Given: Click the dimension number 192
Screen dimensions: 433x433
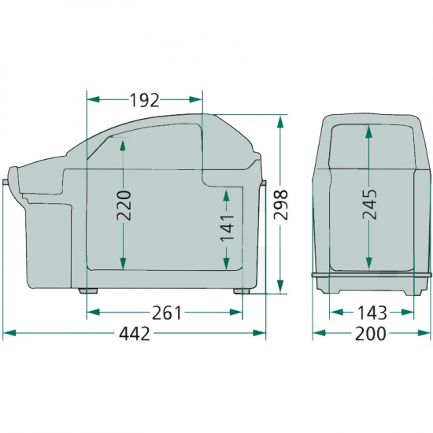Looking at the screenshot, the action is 145,100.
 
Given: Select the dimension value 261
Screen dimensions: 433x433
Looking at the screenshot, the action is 167,313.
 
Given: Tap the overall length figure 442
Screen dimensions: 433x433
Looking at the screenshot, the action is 135,334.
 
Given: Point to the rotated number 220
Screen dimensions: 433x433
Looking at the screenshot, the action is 124,205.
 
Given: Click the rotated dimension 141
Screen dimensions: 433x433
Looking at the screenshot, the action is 227,228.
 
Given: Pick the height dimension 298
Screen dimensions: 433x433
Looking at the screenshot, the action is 281,205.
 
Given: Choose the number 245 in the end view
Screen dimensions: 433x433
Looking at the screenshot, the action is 369,204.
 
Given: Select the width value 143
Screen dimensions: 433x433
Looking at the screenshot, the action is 372,313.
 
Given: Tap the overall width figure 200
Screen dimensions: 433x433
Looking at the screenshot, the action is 370,334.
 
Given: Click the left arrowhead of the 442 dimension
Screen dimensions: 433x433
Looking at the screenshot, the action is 9,333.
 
